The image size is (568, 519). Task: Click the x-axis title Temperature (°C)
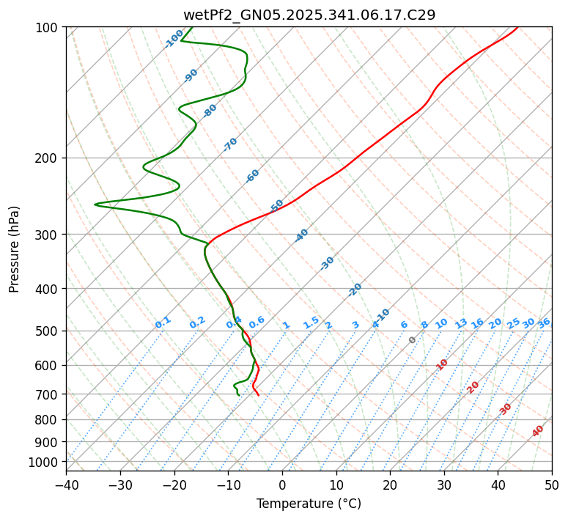click(309, 504)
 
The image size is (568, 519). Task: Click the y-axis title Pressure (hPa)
click(15, 249)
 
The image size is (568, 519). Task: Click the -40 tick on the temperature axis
click(66, 485)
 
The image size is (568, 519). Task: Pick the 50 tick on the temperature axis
click(552, 485)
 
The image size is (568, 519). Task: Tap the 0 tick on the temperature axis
click(282, 485)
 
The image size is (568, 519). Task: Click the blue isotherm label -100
click(174, 39)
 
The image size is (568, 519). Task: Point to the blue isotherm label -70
click(230, 144)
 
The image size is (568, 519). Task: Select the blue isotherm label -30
click(327, 263)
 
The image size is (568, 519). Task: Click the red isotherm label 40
click(538, 431)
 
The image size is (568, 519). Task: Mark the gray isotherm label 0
click(413, 340)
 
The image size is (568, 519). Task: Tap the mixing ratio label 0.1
click(163, 323)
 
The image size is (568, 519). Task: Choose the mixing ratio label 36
click(544, 323)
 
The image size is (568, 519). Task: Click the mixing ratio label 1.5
click(311, 323)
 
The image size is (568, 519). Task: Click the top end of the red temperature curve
click(517, 27)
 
